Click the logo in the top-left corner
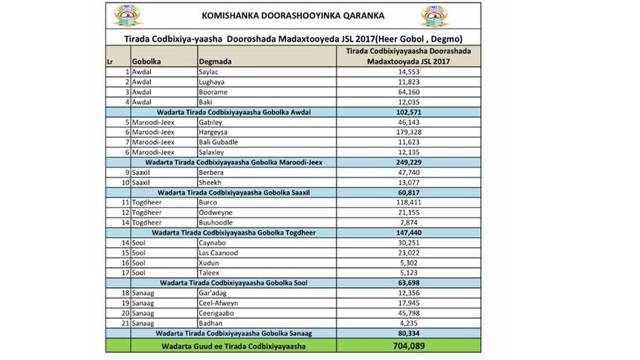pos(127,16)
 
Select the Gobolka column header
pos(147,62)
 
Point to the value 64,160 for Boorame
pos(408,92)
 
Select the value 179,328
pos(408,132)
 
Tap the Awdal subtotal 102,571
pos(408,112)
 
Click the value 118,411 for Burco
pos(408,203)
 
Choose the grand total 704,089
pos(408,346)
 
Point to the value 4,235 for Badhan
pos(408,323)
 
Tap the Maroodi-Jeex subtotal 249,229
pos(408,162)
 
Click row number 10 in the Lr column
pos(125,182)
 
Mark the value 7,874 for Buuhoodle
pos(408,222)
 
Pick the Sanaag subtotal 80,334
pos(408,333)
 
